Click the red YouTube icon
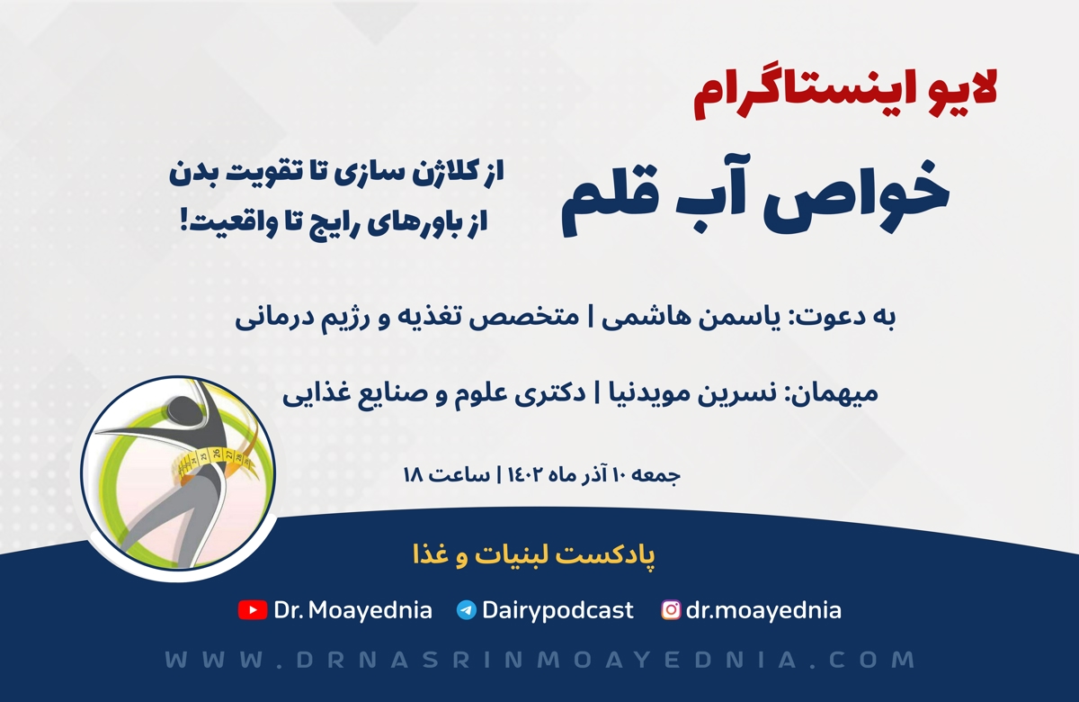click(253, 610)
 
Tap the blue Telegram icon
click(467, 610)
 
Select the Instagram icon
click(671, 610)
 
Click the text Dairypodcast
click(557, 611)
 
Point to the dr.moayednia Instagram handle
click(763, 611)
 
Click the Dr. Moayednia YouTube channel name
click(353, 611)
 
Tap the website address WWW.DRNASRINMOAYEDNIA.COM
click(539, 660)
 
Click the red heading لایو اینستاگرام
click(845, 94)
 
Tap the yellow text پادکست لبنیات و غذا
click(534, 556)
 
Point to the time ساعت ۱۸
click(447, 475)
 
